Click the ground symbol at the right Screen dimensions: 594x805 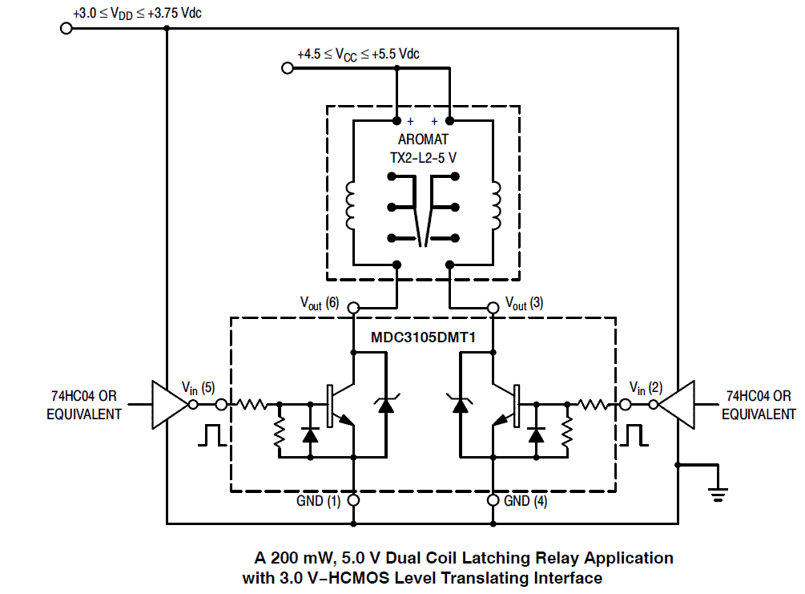pyautogui.click(x=718, y=491)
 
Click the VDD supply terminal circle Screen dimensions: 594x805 pyautogui.click(x=66, y=28)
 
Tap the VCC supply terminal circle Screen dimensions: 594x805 pyautogui.click(x=288, y=69)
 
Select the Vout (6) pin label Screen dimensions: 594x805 pyautogui.click(x=320, y=303)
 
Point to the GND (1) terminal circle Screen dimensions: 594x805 pyautogui.click(x=352, y=500)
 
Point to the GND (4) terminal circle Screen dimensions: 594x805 pyautogui.click(x=493, y=500)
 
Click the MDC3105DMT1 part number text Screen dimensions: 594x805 pyautogui.click(x=423, y=337)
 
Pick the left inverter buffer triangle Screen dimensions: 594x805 pyautogui.click(x=168, y=404)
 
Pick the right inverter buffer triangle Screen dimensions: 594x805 pyautogui.click(x=678, y=404)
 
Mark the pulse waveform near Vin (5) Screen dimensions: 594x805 pyautogui.click(x=212, y=434)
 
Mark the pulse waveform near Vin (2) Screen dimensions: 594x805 pyautogui.click(x=633, y=434)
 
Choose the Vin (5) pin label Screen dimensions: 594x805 pyautogui.click(x=198, y=387)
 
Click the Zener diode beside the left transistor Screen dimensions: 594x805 pyautogui.click(x=386, y=405)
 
